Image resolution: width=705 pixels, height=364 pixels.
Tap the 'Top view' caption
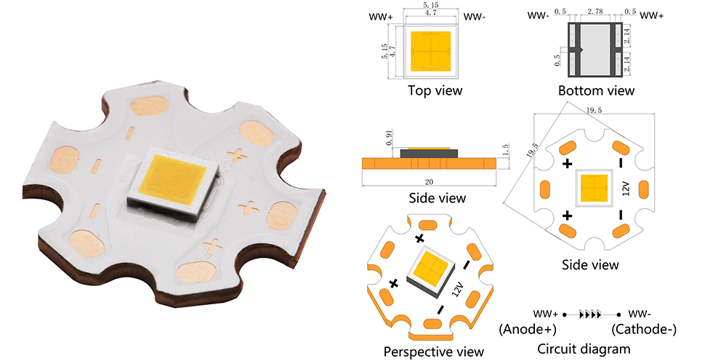435,91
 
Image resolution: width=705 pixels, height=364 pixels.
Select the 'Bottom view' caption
596,91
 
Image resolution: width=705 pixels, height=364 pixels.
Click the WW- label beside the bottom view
538,15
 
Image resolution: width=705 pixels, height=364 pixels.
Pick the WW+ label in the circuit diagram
546,314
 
